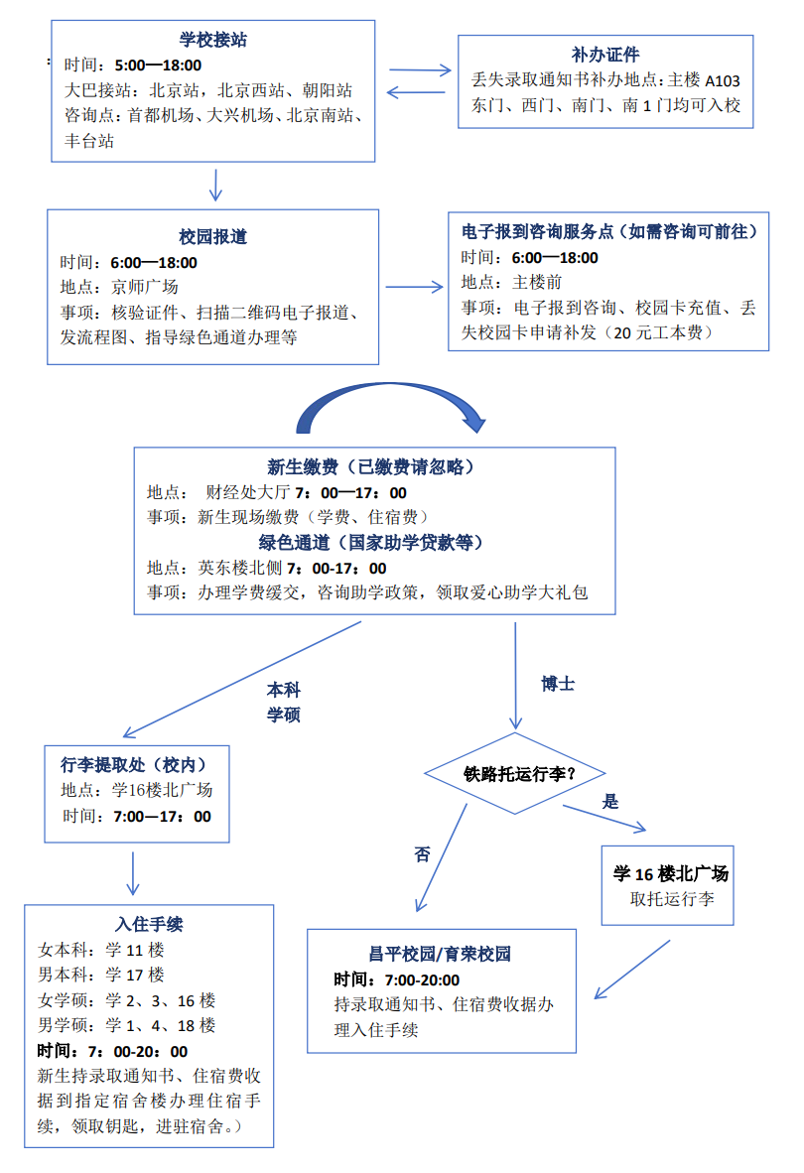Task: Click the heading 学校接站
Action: (212, 41)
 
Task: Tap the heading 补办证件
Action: (604, 55)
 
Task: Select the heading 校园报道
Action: (212, 237)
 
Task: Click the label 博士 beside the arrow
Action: (558, 685)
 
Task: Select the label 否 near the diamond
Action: (423, 854)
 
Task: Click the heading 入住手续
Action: (149, 925)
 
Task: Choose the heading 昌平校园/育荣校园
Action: (440, 955)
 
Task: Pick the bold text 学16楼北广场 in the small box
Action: (671, 874)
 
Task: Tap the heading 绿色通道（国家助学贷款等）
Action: (372, 543)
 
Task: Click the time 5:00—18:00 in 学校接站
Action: (158, 65)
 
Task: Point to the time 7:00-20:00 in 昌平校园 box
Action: (421, 980)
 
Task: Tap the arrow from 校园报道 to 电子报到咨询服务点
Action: (414, 288)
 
